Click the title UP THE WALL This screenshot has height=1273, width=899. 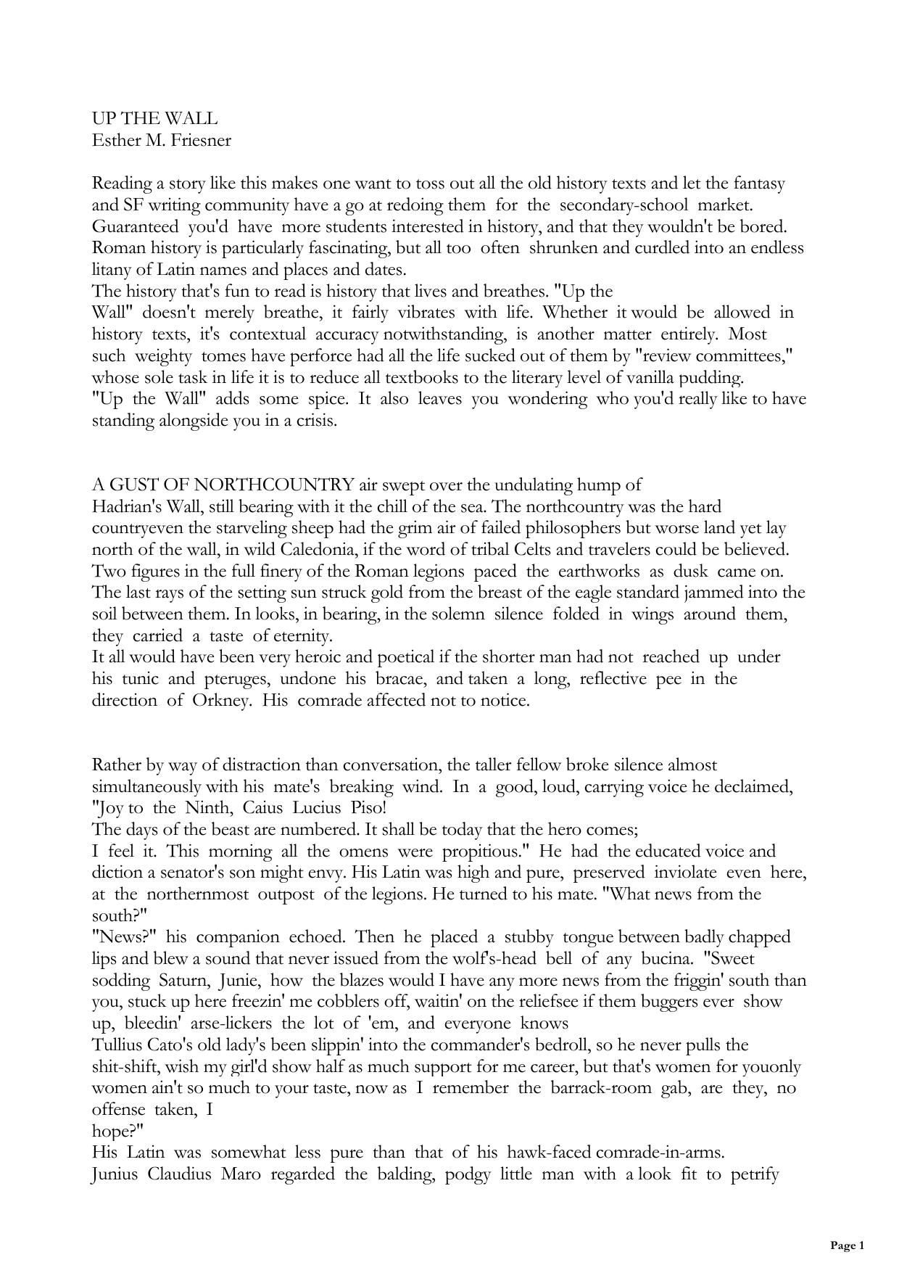click(154, 119)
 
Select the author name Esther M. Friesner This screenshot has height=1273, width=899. click(162, 140)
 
